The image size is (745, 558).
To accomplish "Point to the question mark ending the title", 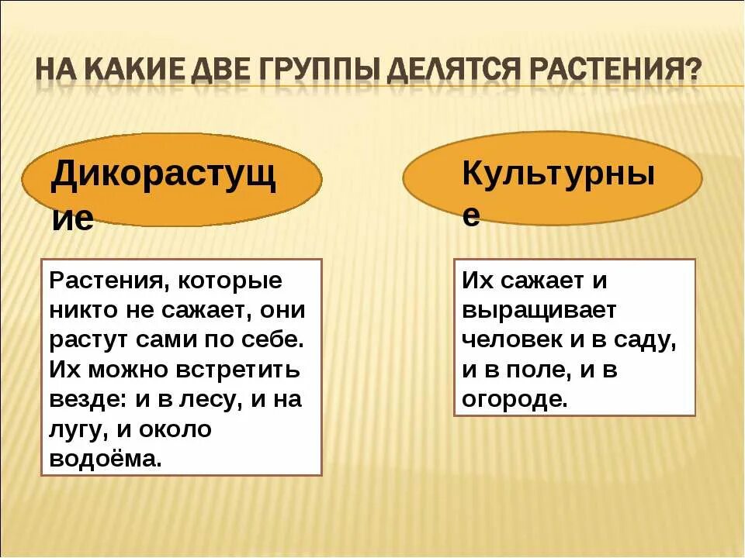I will coord(691,72).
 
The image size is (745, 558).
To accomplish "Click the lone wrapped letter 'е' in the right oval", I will coord(470,216).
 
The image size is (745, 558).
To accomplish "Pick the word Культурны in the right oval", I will coord(558,174).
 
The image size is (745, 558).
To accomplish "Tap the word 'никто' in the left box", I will coord(82,310).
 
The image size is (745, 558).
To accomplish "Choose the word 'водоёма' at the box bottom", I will coord(106,458).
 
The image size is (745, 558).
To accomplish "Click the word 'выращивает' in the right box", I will coord(539,311).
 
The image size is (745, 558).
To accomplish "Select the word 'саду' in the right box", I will coord(650,340).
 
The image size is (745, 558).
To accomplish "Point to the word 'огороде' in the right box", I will coord(515,399).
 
